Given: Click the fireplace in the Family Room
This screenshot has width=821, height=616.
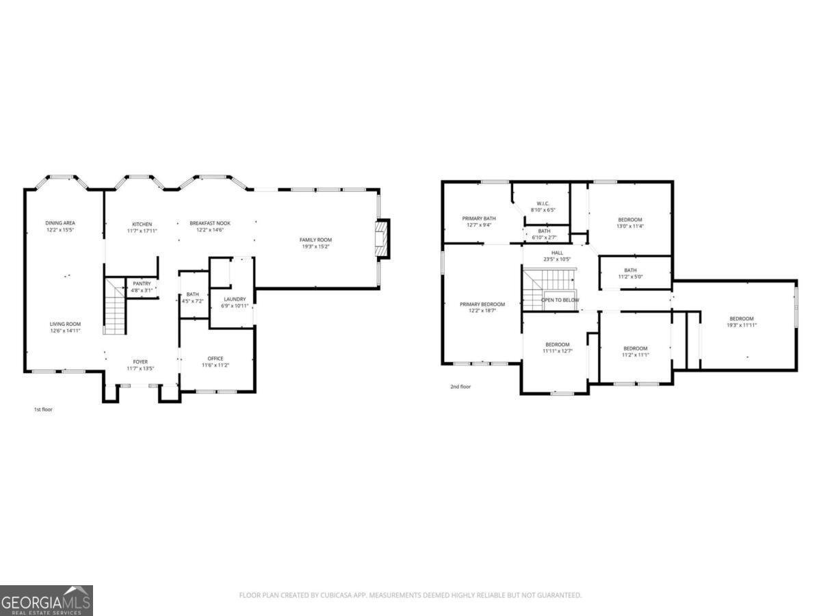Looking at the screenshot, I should (381, 239).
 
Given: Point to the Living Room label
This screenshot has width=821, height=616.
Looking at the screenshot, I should (65, 327).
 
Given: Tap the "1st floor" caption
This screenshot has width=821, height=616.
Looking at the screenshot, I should (43, 409).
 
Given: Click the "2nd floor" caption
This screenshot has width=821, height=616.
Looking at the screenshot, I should (460, 387).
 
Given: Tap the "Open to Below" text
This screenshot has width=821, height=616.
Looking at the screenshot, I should (560, 300).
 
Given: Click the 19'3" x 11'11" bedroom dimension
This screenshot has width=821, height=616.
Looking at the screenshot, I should (741, 325).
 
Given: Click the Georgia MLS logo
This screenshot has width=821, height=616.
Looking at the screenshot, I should (47, 600).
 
